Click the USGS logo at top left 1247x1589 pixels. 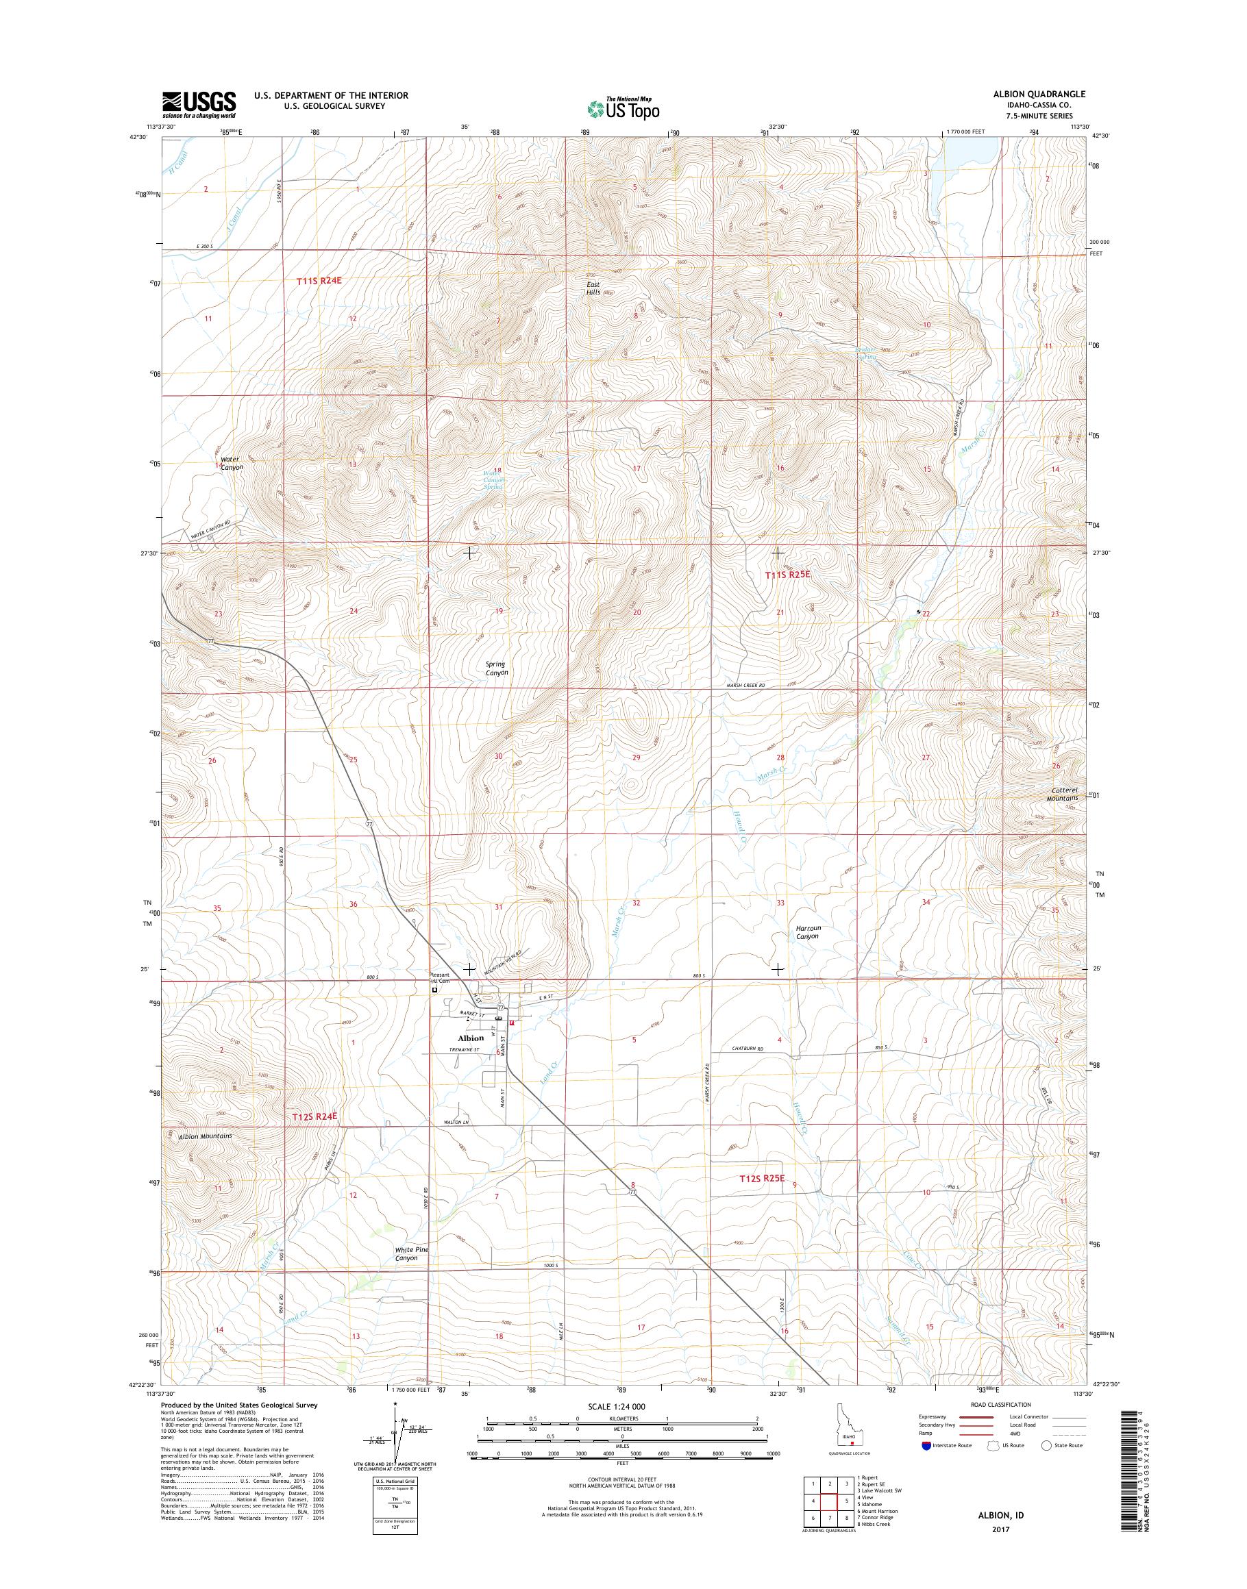[199, 104]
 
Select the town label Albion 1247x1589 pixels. [471, 1037]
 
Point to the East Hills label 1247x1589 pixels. [593, 288]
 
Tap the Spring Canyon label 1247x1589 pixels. [497, 668]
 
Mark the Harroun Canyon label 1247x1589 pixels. [808, 932]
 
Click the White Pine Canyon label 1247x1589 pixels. [412, 1254]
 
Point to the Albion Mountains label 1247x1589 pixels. [205, 1136]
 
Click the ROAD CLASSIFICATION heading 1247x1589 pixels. [1000, 1404]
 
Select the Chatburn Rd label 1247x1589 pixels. [747, 1049]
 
